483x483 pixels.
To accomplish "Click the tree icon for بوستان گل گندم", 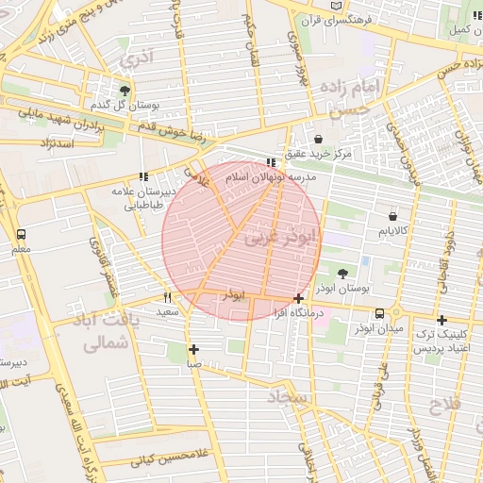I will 125,90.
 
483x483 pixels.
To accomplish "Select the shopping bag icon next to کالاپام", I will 392,216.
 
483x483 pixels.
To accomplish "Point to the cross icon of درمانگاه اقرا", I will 299,298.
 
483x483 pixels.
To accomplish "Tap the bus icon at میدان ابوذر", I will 379,313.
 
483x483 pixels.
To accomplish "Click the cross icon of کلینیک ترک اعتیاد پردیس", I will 441,320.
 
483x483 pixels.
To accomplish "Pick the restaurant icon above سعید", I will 168,297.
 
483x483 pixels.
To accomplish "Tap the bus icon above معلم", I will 21,234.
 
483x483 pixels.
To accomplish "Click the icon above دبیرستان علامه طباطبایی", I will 143,176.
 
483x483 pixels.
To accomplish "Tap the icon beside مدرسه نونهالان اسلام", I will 272,162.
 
